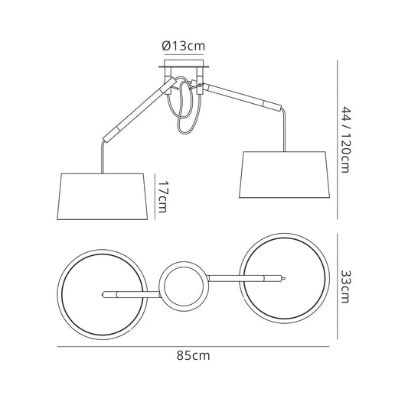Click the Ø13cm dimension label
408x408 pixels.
point(184,46)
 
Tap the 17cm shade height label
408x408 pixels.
point(162,196)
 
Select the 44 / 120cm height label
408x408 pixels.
point(346,140)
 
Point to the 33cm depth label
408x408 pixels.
point(346,287)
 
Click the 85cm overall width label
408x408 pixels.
point(193,355)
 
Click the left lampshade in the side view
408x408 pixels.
point(103,196)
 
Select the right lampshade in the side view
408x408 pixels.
point(285,175)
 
